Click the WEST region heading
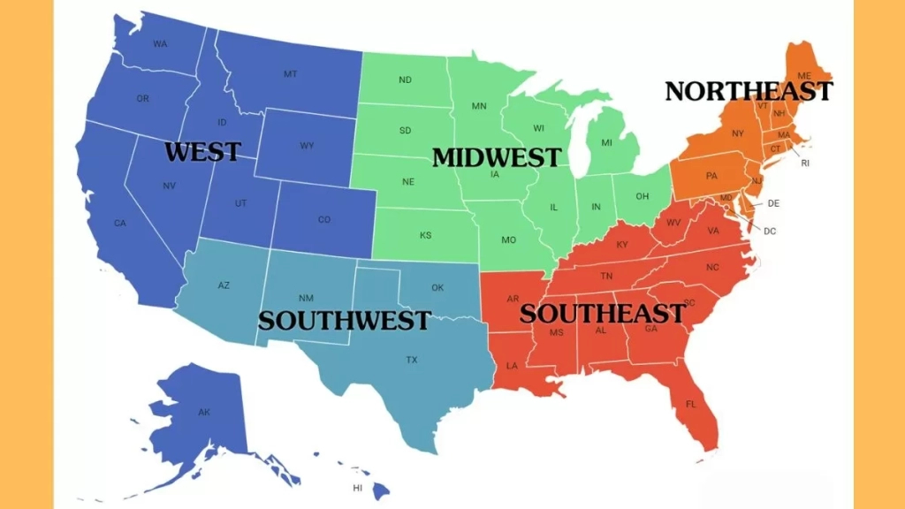[202, 152]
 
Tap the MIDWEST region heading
[496, 157]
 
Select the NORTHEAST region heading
[748, 91]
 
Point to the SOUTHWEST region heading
[344, 320]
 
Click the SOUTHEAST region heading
[602, 313]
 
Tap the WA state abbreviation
[160, 43]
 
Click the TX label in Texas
[412, 360]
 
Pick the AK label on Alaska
[204, 413]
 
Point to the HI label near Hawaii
[358, 488]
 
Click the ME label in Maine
[804, 76]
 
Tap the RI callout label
[805, 163]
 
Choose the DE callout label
[773, 203]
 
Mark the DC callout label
[770, 232]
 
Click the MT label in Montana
[290, 73]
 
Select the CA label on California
[120, 223]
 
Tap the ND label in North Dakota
[405, 80]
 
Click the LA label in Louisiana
[512, 365]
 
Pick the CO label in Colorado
[324, 219]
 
